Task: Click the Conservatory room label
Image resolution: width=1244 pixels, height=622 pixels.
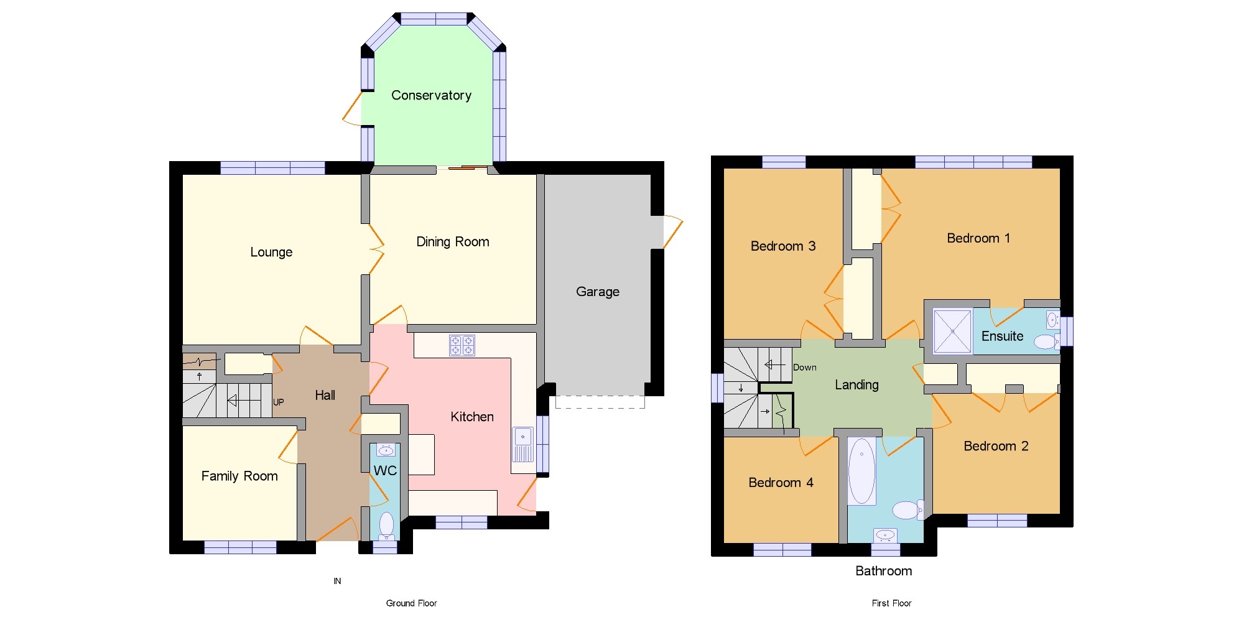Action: [x=431, y=95]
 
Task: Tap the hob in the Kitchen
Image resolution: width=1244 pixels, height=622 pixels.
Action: [x=462, y=345]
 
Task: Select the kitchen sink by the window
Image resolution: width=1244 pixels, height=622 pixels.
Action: [x=523, y=444]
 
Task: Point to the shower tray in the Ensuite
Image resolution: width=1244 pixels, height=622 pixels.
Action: [x=952, y=331]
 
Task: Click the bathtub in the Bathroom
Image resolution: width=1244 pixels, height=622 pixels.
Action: [x=861, y=471]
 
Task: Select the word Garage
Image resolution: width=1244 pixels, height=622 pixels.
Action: [x=598, y=292]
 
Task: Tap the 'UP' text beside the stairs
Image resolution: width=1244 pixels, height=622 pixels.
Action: [x=279, y=402]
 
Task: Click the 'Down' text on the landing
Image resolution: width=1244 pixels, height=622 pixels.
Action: [x=805, y=368]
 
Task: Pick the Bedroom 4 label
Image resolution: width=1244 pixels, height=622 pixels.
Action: [x=781, y=483]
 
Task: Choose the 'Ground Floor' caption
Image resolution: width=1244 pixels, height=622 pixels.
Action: [x=411, y=603]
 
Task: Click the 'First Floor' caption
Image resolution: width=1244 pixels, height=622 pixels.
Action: [x=891, y=603]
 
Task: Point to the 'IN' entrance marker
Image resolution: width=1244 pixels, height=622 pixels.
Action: [x=337, y=581]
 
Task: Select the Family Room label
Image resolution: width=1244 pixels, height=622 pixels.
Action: [x=239, y=476]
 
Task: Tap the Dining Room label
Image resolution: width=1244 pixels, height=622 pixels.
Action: [x=453, y=242]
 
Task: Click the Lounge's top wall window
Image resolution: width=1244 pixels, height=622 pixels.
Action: [x=272, y=168]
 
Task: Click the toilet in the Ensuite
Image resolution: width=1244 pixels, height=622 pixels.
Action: [x=1046, y=341]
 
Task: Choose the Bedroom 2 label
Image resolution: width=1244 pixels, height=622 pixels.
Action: [x=996, y=446]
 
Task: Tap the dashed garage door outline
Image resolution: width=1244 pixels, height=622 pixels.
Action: [x=600, y=402]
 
